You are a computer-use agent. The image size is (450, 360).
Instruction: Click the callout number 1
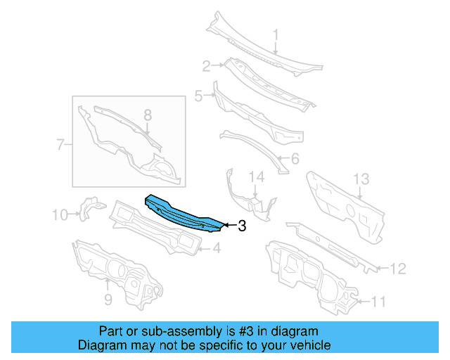point(276,34)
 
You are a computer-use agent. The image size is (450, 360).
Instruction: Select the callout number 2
point(207,67)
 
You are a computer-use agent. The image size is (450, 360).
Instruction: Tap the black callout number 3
point(242,226)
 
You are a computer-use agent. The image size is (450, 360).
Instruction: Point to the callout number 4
point(217,247)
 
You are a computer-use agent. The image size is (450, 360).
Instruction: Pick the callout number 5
point(198,95)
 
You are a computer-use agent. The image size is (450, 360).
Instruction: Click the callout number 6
point(294,160)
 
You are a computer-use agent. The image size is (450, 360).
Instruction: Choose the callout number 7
point(60,146)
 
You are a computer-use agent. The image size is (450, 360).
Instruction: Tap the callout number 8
point(147,115)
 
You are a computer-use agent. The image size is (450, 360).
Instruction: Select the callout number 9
point(108,300)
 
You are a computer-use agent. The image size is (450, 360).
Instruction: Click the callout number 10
point(60,214)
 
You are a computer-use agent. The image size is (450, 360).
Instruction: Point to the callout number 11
point(378,302)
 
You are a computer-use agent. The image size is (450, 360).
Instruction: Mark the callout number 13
point(360,179)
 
